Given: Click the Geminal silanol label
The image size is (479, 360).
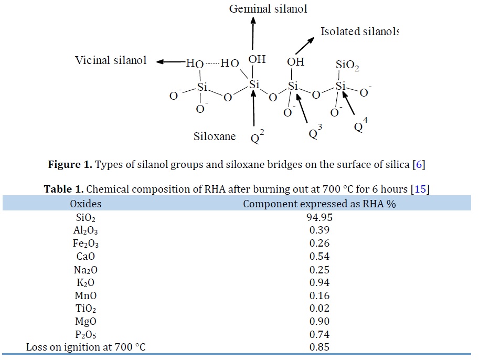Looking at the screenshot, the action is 268,8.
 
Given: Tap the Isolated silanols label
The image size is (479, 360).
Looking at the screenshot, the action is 359,31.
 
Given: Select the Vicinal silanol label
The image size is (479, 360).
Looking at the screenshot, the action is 111,60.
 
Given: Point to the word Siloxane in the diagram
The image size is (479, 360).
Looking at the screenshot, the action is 215,136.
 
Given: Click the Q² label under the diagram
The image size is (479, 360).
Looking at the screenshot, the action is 257,136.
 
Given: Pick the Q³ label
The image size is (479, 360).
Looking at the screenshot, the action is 315,132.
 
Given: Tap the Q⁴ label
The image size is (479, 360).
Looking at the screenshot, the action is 361,125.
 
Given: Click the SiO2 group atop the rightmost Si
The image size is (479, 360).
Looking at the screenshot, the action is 347,65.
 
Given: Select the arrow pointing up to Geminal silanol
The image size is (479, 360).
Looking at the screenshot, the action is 253,33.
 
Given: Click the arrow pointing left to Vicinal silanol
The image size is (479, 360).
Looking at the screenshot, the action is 171,62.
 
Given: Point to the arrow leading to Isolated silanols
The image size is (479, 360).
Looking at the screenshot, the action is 305,46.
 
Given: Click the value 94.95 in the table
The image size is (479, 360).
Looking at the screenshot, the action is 319,217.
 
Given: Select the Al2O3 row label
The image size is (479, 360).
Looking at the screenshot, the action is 86,230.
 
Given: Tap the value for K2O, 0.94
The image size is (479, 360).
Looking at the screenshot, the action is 319,282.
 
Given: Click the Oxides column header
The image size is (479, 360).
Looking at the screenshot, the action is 86,204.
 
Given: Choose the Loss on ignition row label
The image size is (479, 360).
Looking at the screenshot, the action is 86,347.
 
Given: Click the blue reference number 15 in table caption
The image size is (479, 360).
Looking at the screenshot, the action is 420,189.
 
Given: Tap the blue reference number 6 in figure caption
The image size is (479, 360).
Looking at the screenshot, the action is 419,164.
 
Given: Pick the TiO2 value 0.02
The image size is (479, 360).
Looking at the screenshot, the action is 319,308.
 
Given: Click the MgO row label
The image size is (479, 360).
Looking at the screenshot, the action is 86,321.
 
